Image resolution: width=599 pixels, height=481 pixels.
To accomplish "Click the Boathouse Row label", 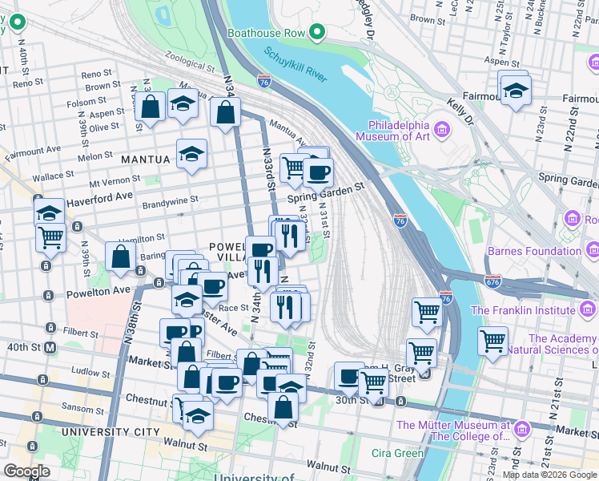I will [268, 33].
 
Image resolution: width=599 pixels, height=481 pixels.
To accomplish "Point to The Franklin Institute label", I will [529, 310].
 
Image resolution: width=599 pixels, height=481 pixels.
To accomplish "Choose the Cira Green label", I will [397, 453].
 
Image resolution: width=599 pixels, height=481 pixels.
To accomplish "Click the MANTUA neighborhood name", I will [145, 160].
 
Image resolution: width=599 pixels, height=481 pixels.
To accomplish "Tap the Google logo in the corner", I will [26, 471].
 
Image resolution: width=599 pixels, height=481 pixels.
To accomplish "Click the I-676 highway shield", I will [492, 281].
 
